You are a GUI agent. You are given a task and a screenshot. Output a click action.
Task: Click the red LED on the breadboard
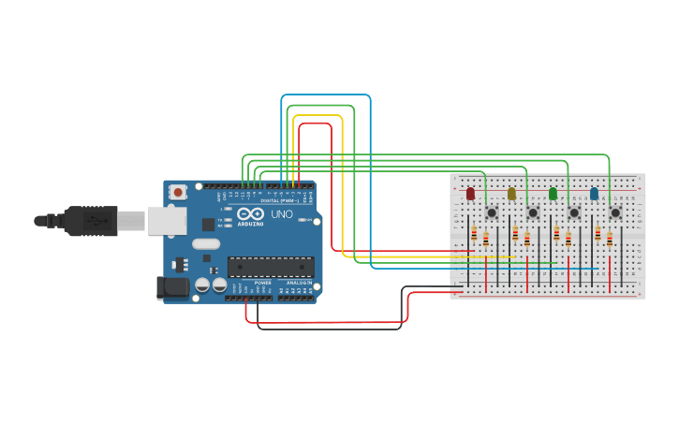[470, 194]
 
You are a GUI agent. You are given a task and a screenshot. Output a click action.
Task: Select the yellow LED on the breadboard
[511, 194]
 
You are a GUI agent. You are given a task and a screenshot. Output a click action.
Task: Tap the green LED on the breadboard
[553, 194]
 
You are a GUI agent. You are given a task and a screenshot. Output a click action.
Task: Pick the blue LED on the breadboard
[594, 194]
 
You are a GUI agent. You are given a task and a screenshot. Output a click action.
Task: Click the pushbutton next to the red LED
[492, 212]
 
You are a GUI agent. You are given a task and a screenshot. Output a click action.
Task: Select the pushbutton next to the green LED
[574, 212]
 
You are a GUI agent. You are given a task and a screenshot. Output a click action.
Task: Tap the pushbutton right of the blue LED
[615, 212]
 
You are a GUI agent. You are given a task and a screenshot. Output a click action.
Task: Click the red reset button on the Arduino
[177, 192]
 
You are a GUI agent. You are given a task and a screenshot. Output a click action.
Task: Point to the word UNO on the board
[282, 214]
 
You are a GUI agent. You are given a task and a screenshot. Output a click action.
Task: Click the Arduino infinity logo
[250, 214]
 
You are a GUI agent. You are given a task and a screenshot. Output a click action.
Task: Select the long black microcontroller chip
[271, 267]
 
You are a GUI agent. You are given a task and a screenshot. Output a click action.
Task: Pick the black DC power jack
[173, 287]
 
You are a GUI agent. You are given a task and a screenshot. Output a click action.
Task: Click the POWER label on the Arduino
[263, 282]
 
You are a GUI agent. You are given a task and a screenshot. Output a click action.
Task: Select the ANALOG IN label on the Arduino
[299, 282]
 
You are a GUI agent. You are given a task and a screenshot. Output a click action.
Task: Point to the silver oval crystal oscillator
[207, 244]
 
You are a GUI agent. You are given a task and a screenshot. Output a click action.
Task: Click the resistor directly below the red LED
[474, 233]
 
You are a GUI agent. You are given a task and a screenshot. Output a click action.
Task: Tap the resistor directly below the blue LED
[598, 233]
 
